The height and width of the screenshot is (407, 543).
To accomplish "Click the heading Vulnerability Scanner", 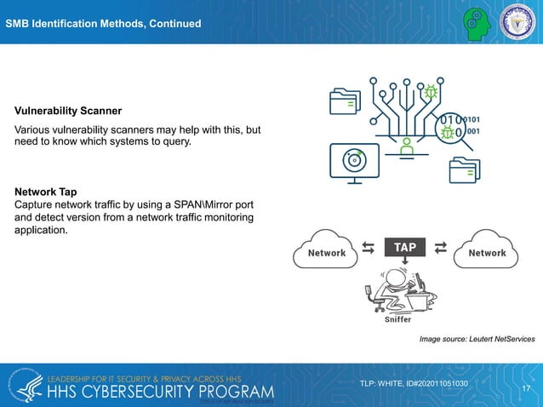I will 67,111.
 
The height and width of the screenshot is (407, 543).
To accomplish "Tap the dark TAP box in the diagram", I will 404,247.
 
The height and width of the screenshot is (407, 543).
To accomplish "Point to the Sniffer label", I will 394,320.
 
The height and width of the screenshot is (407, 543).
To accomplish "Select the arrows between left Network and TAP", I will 368,248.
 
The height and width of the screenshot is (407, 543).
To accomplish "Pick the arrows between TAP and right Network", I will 440,248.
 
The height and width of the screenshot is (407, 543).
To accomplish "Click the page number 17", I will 526,388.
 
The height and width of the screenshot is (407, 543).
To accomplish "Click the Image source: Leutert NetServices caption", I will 477,340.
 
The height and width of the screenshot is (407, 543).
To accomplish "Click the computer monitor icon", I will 350,162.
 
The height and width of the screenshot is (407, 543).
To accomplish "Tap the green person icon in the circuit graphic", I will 407,147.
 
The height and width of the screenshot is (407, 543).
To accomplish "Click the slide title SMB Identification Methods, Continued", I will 103,23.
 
